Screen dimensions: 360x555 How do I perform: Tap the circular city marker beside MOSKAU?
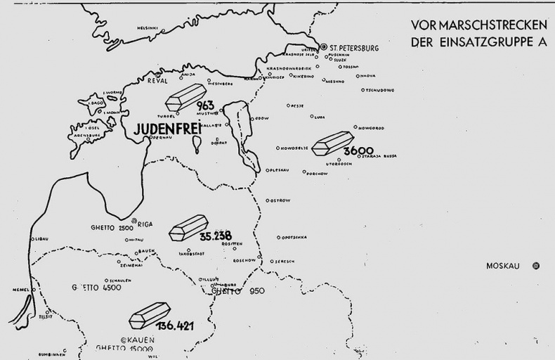tap(536, 266)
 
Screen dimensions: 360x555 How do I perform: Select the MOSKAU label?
tap(503, 266)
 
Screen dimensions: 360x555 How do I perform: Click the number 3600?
tap(358, 150)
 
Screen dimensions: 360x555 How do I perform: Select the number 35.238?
tap(215, 236)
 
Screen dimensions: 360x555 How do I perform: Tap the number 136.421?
tap(176, 326)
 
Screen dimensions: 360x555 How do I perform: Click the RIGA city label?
tap(145, 225)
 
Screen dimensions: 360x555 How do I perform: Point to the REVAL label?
tap(157, 81)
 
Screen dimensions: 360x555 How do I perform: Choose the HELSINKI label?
tap(148, 28)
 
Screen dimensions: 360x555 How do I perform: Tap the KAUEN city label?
tap(141, 340)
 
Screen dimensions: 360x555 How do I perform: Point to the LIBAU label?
tap(41, 239)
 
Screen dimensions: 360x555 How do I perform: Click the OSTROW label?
tap(280, 200)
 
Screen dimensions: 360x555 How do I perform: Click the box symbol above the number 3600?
tap(332, 143)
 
